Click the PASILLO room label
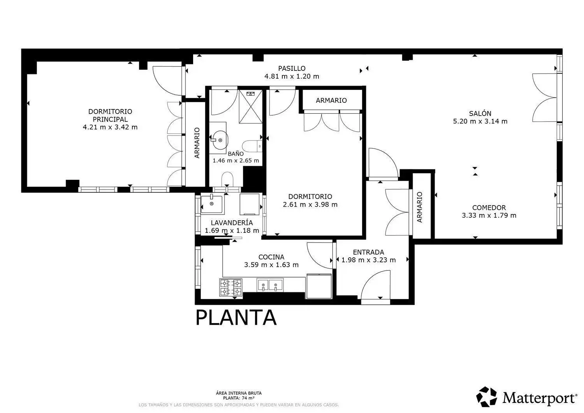[292, 68]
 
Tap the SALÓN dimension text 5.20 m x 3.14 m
[480, 121]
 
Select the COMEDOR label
[489, 207]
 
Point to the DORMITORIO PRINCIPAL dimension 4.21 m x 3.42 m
[110, 127]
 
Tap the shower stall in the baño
[251, 106]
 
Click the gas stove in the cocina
[231, 287]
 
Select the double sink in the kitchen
[270, 285]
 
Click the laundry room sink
[211, 204]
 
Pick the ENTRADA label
[368, 252]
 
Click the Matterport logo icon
[486, 397]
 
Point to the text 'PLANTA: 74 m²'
[239, 398]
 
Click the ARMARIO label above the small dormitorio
[331, 100]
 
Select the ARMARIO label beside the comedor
[419, 207]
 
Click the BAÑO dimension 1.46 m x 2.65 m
[236, 160]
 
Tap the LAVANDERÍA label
[232, 223]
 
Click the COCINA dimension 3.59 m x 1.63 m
[271, 265]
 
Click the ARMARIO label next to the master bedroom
[197, 142]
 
